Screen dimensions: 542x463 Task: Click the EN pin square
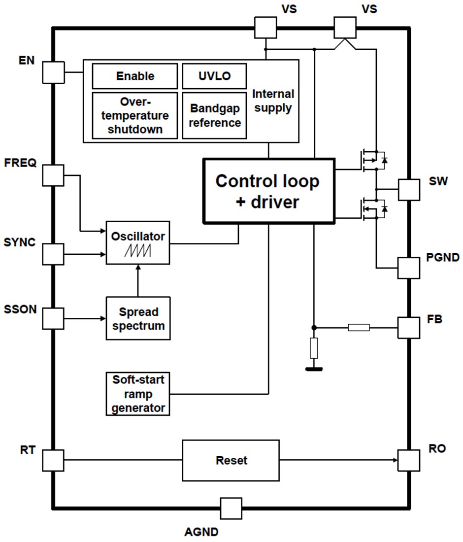point(53,72)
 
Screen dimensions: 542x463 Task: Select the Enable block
point(135,76)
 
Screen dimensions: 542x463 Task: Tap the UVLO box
point(214,76)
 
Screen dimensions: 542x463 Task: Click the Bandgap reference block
point(214,115)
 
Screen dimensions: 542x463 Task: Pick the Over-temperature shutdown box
point(135,116)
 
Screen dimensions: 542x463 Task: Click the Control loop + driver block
point(268,191)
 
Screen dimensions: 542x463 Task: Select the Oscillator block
point(138,242)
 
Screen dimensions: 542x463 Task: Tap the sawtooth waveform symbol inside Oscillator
point(138,251)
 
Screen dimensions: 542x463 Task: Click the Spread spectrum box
point(138,318)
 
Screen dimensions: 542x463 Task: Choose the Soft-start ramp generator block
point(138,394)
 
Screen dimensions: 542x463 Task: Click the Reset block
point(231,460)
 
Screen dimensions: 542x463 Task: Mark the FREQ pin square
point(53,175)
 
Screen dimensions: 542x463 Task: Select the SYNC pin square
point(53,255)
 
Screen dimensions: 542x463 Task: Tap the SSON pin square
point(53,318)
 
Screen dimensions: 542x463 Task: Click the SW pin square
point(408,190)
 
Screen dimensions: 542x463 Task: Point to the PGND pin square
point(408,268)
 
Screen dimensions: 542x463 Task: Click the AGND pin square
point(231,508)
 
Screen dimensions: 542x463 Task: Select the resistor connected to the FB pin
point(359,327)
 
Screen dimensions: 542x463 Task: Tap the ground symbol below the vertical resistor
point(314,368)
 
